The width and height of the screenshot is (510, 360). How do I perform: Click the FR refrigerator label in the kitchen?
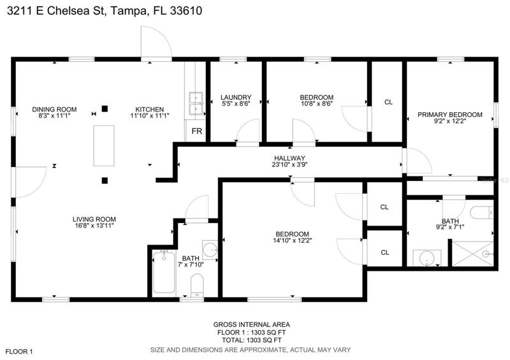click(x=197, y=131)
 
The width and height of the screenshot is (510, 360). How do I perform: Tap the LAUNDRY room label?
click(x=236, y=97)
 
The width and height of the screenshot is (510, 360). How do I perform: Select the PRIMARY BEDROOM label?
click(x=450, y=115)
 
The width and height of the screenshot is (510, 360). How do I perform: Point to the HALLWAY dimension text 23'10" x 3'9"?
click(x=289, y=164)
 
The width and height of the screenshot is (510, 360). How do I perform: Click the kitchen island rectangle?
click(x=104, y=146)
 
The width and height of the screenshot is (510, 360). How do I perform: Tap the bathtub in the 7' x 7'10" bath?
click(x=164, y=272)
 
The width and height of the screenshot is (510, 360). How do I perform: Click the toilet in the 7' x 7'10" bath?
click(x=197, y=285)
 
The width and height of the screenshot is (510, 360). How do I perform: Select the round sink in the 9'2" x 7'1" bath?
click(x=426, y=259)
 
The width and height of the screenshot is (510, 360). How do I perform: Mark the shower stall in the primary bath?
click(x=473, y=254)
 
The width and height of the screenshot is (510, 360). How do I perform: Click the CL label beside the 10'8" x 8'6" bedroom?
click(x=388, y=102)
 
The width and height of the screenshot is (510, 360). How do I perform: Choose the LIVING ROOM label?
click(x=94, y=219)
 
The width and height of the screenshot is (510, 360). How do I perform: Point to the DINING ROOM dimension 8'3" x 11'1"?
click(x=54, y=115)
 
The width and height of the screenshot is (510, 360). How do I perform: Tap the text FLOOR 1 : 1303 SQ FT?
click(x=251, y=333)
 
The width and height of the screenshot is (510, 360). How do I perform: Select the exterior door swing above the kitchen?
click(x=156, y=42)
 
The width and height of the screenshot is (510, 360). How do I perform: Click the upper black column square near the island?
click(x=105, y=108)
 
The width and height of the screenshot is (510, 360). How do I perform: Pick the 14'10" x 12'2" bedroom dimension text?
click(x=292, y=241)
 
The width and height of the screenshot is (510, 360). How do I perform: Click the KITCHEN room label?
click(x=150, y=109)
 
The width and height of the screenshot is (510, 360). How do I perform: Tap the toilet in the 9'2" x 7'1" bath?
click(x=482, y=213)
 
